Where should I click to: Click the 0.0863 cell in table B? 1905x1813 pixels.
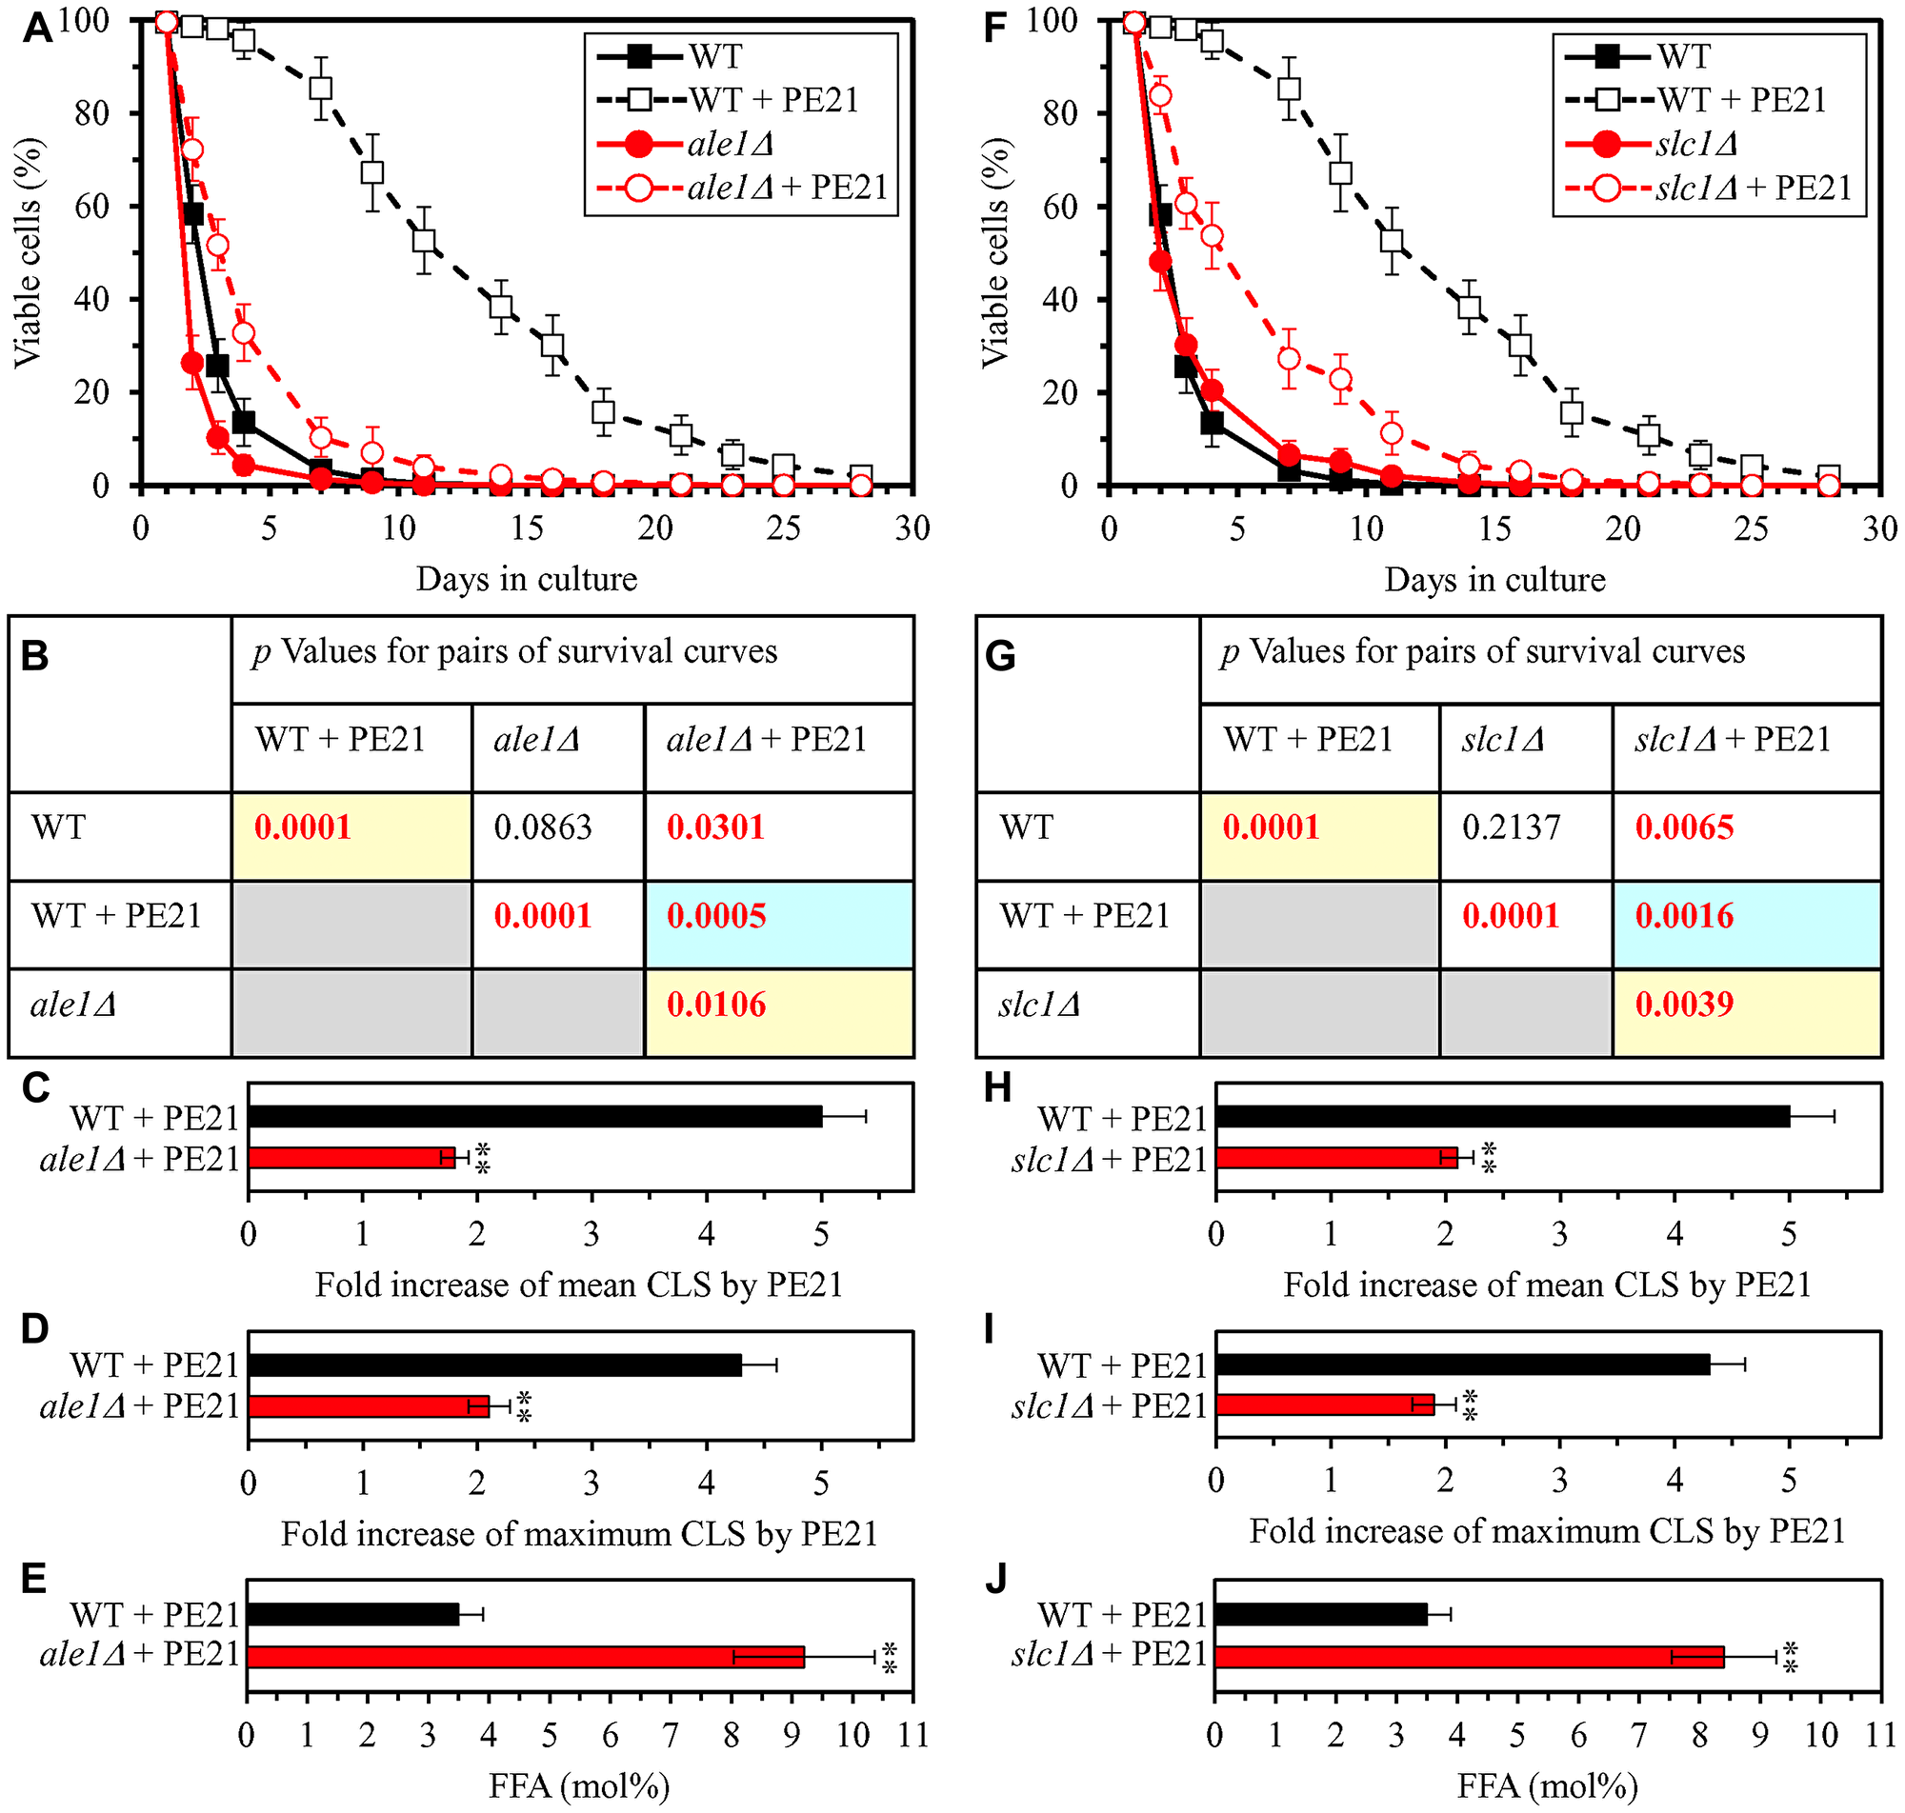click(542, 828)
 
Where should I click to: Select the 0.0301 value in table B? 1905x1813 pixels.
click(715, 828)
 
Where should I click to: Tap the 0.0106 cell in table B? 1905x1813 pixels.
click(715, 1006)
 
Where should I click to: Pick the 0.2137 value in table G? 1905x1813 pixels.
click(1511, 828)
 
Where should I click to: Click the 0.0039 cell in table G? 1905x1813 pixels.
click(1684, 1006)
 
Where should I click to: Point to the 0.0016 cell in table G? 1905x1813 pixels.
click(1684, 916)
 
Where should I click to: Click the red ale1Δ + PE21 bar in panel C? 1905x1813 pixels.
click(351, 1158)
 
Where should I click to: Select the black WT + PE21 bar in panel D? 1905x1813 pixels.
click(495, 1365)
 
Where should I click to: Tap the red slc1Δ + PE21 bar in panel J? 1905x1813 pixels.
click(1469, 1658)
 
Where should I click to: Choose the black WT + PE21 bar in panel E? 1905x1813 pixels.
click(352, 1615)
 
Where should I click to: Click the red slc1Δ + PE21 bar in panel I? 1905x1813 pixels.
click(1325, 1405)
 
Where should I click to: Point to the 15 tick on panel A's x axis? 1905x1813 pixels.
click(527, 528)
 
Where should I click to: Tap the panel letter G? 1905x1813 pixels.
click(999, 657)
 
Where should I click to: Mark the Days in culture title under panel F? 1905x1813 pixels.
click(1494, 580)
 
